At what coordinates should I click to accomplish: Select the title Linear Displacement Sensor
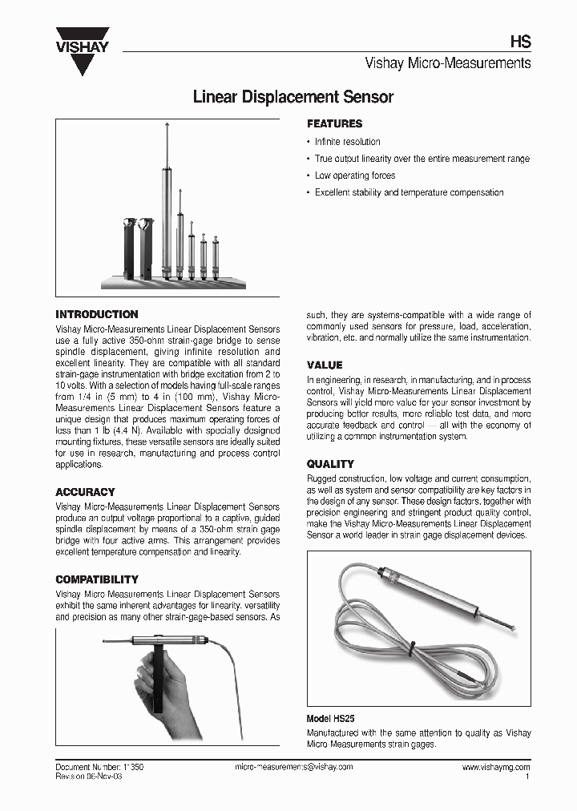point(293,98)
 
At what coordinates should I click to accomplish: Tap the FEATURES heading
point(335,124)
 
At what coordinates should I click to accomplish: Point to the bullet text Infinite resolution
point(347,142)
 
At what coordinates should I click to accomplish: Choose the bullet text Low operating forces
point(354,176)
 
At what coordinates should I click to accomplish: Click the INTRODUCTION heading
point(97,315)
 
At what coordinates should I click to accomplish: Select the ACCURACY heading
point(85,492)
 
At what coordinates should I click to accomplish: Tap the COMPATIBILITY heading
point(97,579)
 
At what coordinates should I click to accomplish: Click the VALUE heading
point(325,365)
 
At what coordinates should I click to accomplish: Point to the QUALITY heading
point(330,464)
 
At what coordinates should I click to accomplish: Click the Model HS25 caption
point(331,720)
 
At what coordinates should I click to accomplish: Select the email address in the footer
point(293,767)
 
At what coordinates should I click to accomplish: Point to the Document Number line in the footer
point(99,767)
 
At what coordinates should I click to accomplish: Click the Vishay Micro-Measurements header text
point(448,63)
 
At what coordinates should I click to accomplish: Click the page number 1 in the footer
point(527,777)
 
